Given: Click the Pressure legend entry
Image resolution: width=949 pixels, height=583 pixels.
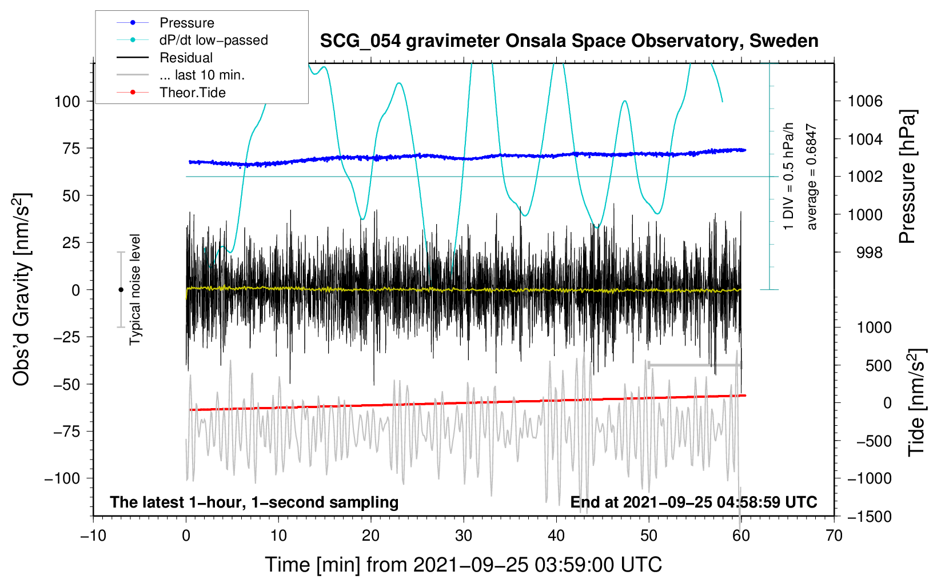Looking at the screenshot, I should pyautogui.click(x=186, y=23).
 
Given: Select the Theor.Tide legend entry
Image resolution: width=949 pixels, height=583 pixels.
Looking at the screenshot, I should pyautogui.click(x=192, y=93).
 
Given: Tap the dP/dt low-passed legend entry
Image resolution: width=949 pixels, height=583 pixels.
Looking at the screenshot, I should pyautogui.click(x=213, y=40).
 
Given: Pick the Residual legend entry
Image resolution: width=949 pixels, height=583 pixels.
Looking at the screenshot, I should pyautogui.click(x=186, y=58).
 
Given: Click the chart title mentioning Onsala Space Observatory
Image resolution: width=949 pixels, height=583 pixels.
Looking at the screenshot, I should pyautogui.click(x=569, y=41).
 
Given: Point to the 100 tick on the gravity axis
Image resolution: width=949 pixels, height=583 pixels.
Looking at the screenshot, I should pyautogui.click(x=67, y=102).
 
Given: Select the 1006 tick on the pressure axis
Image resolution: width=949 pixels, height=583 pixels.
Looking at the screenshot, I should pyautogui.click(x=865, y=102).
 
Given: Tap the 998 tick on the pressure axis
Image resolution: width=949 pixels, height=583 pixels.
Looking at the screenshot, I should pyautogui.click(x=870, y=253).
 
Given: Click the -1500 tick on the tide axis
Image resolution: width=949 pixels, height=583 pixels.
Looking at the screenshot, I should pyautogui.click(x=870, y=516).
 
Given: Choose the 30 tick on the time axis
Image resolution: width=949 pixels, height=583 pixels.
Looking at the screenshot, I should pyautogui.click(x=464, y=536).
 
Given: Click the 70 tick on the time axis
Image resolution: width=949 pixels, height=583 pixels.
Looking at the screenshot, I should pyautogui.click(x=834, y=536).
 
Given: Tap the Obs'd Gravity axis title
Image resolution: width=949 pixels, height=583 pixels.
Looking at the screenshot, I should pyautogui.click(x=21, y=290).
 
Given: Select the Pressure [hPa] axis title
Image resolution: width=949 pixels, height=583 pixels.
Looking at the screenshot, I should pyautogui.click(x=907, y=177).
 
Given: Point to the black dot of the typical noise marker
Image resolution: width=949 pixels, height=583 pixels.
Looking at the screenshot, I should pyautogui.click(x=121, y=290).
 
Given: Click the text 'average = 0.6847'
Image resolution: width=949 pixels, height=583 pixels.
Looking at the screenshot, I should pyautogui.click(x=812, y=177).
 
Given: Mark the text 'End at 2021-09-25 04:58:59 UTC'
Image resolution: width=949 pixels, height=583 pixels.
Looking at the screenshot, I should pyautogui.click(x=693, y=502).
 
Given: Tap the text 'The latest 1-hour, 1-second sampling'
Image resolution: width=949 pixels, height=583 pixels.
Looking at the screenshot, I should pyautogui.click(x=254, y=502).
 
